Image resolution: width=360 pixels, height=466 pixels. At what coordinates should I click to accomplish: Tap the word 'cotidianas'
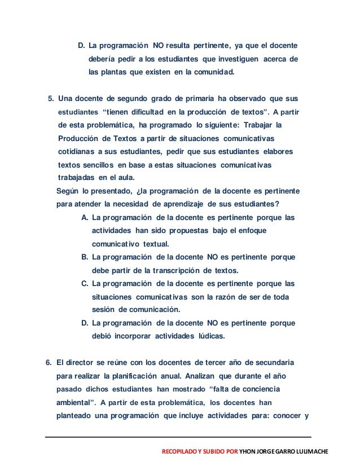point(76,152)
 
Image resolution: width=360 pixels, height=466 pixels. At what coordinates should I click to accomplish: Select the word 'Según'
point(69,191)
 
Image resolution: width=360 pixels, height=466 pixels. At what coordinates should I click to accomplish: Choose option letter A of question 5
point(85,218)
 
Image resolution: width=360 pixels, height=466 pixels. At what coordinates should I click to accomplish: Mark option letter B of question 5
point(85,257)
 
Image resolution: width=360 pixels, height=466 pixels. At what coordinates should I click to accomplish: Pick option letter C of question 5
point(85,284)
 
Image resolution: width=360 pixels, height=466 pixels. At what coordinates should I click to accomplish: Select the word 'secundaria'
point(268,362)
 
